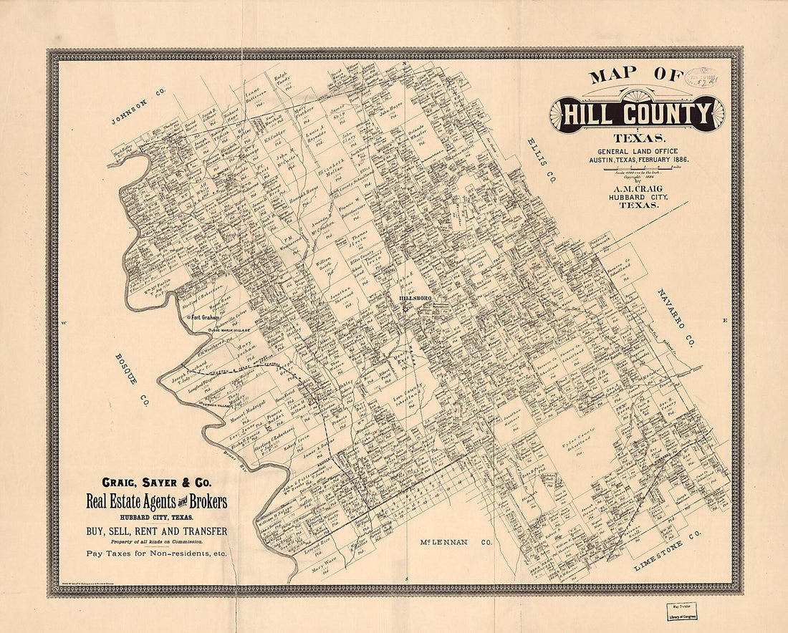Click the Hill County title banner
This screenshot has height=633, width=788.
pyautogui.click(x=638, y=113)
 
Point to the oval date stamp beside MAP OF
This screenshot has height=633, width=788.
pyautogui.click(x=703, y=79)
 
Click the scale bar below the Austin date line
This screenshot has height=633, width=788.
pyautogui.click(x=637, y=168)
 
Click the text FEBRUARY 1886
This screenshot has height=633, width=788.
pyautogui.click(x=659, y=160)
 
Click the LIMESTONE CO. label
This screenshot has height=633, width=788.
pyautogui.click(x=668, y=552)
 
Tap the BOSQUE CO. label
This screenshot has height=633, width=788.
pyautogui.click(x=130, y=380)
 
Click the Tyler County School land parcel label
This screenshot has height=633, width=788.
pyautogui.click(x=579, y=448)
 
